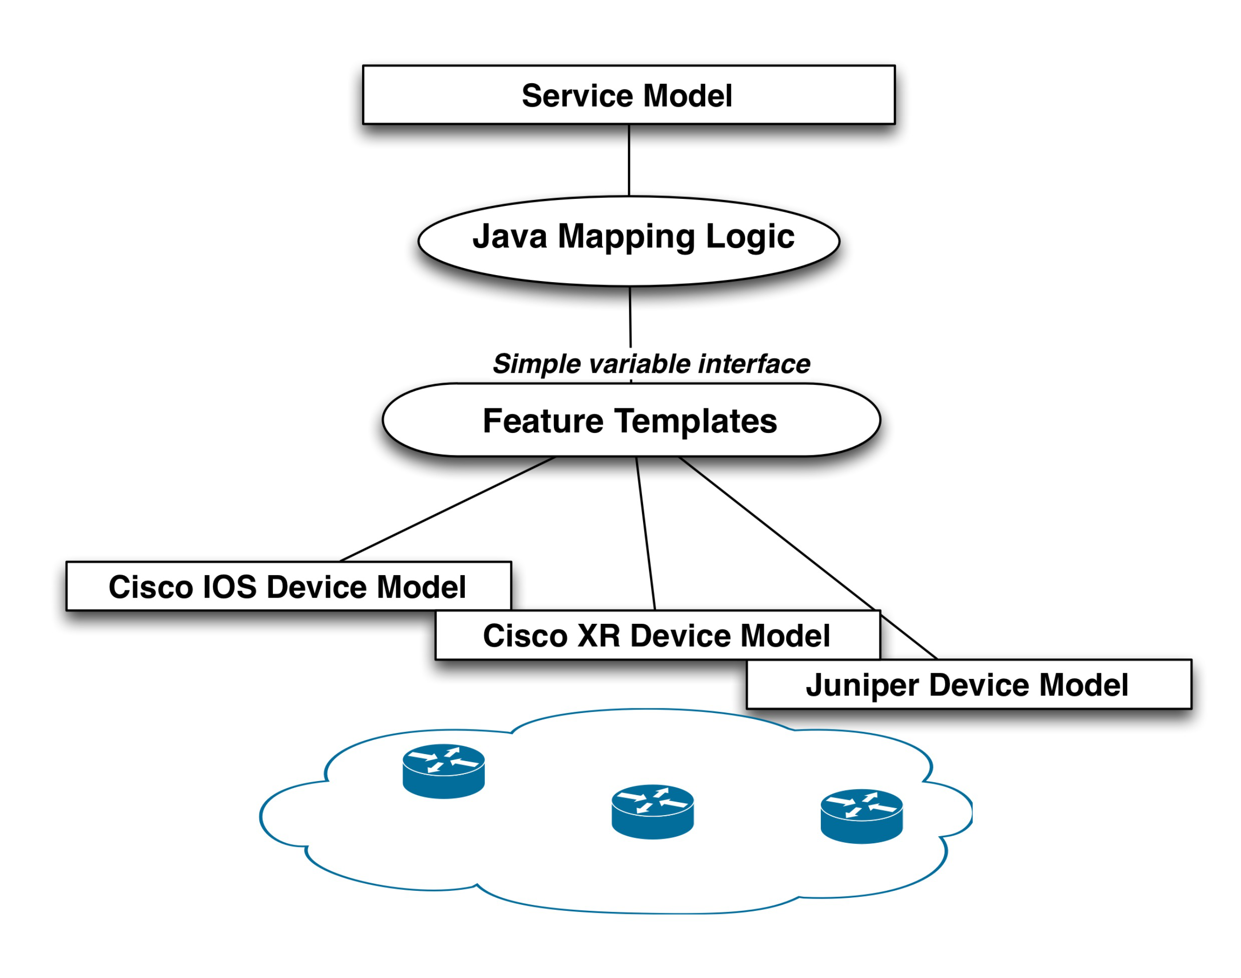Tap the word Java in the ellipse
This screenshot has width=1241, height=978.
tap(509, 236)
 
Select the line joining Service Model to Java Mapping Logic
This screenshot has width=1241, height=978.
tap(629, 160)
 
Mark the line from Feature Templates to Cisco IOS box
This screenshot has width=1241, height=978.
tap(447, 509)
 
